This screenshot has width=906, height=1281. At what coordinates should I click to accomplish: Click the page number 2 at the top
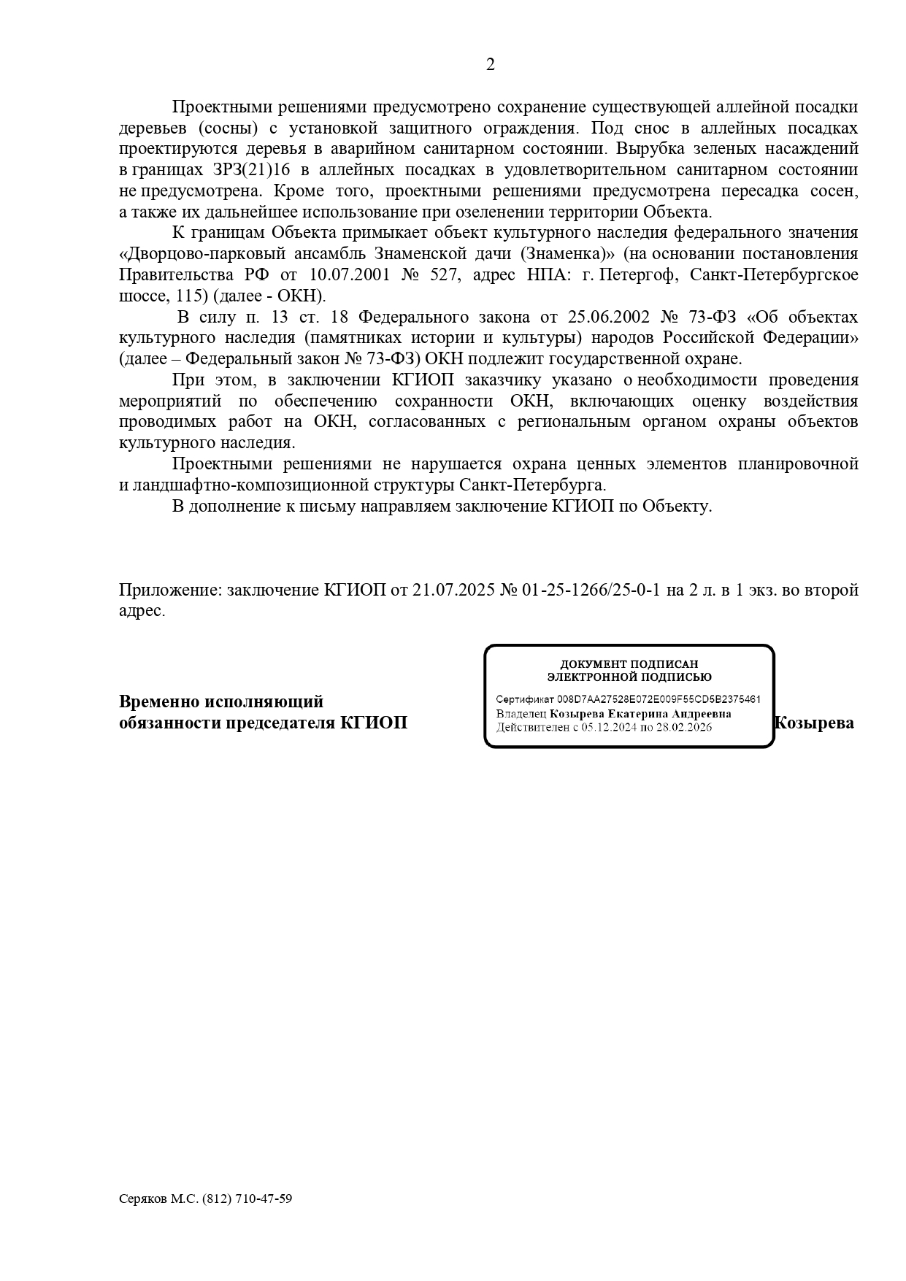490,65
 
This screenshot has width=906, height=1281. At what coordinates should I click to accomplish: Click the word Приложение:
170,590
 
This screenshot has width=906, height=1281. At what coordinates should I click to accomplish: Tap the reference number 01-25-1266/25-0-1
591,590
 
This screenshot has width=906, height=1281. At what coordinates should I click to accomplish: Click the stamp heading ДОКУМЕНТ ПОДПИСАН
629,664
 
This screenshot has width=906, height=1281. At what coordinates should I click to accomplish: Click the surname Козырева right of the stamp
813,723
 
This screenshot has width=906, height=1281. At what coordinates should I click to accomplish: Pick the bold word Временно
158,702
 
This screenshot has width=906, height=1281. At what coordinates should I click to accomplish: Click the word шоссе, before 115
144,296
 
